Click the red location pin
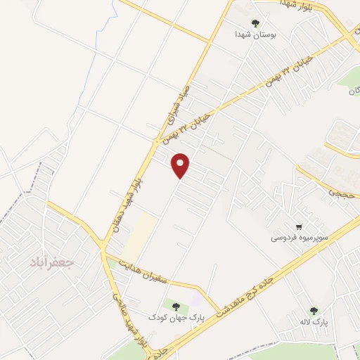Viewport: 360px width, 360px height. (181, 165)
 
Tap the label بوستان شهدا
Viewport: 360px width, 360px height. (257, 33)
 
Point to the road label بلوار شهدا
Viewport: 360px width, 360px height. (300, 4)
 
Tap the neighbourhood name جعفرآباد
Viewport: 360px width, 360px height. (52, 264)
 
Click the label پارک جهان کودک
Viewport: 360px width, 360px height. (176, 318)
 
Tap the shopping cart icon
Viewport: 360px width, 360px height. (300, 226)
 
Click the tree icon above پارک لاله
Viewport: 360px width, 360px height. (313, 310)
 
